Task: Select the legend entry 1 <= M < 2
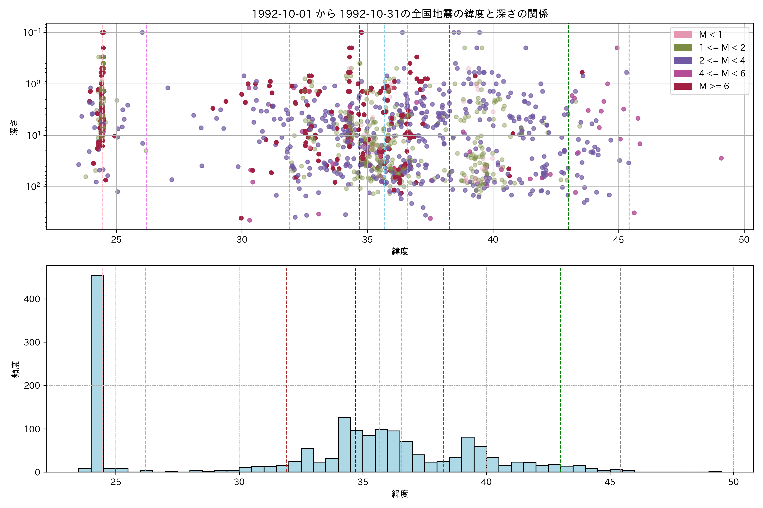(722, 48)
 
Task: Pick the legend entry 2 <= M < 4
(722, 61)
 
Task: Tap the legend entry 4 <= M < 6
(722, 73)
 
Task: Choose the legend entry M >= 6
(714, 86)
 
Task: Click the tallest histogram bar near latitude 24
(97, 373)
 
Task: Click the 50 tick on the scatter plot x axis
(744, 240)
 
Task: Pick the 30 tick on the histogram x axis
(239, 482)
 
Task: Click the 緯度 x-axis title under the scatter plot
(400, 251)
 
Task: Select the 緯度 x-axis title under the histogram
(400, 494)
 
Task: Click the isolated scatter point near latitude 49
(721, 158)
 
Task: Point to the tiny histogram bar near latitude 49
(715, 472)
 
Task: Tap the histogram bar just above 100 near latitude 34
(344, 444)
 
